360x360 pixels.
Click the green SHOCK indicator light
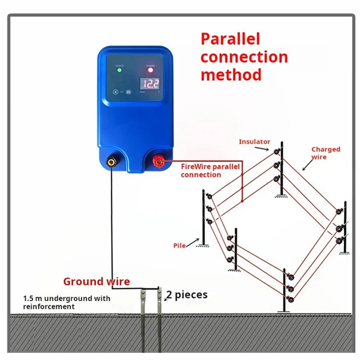[x=119, y=70]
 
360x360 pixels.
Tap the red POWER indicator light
[x=150, y=70]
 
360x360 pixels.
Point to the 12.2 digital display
[x=150, y=83]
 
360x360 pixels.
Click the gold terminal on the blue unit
[x=111, y=161]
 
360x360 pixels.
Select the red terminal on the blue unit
[x=159, y=161]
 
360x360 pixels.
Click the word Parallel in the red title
[x=230, y=39]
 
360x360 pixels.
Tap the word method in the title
[x=231, y=74]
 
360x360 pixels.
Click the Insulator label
[x=254, y=142]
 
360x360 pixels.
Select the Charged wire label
[x=325, y=153]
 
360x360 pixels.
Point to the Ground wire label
[x=96, y=282]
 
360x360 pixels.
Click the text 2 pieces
[x=187, y=295]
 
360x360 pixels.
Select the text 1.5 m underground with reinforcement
[x=67, y=302]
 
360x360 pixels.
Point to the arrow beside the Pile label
[x=192, y=243]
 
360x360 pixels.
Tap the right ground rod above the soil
[x=159, y=299]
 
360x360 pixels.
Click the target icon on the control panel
[x=115, y=91]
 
